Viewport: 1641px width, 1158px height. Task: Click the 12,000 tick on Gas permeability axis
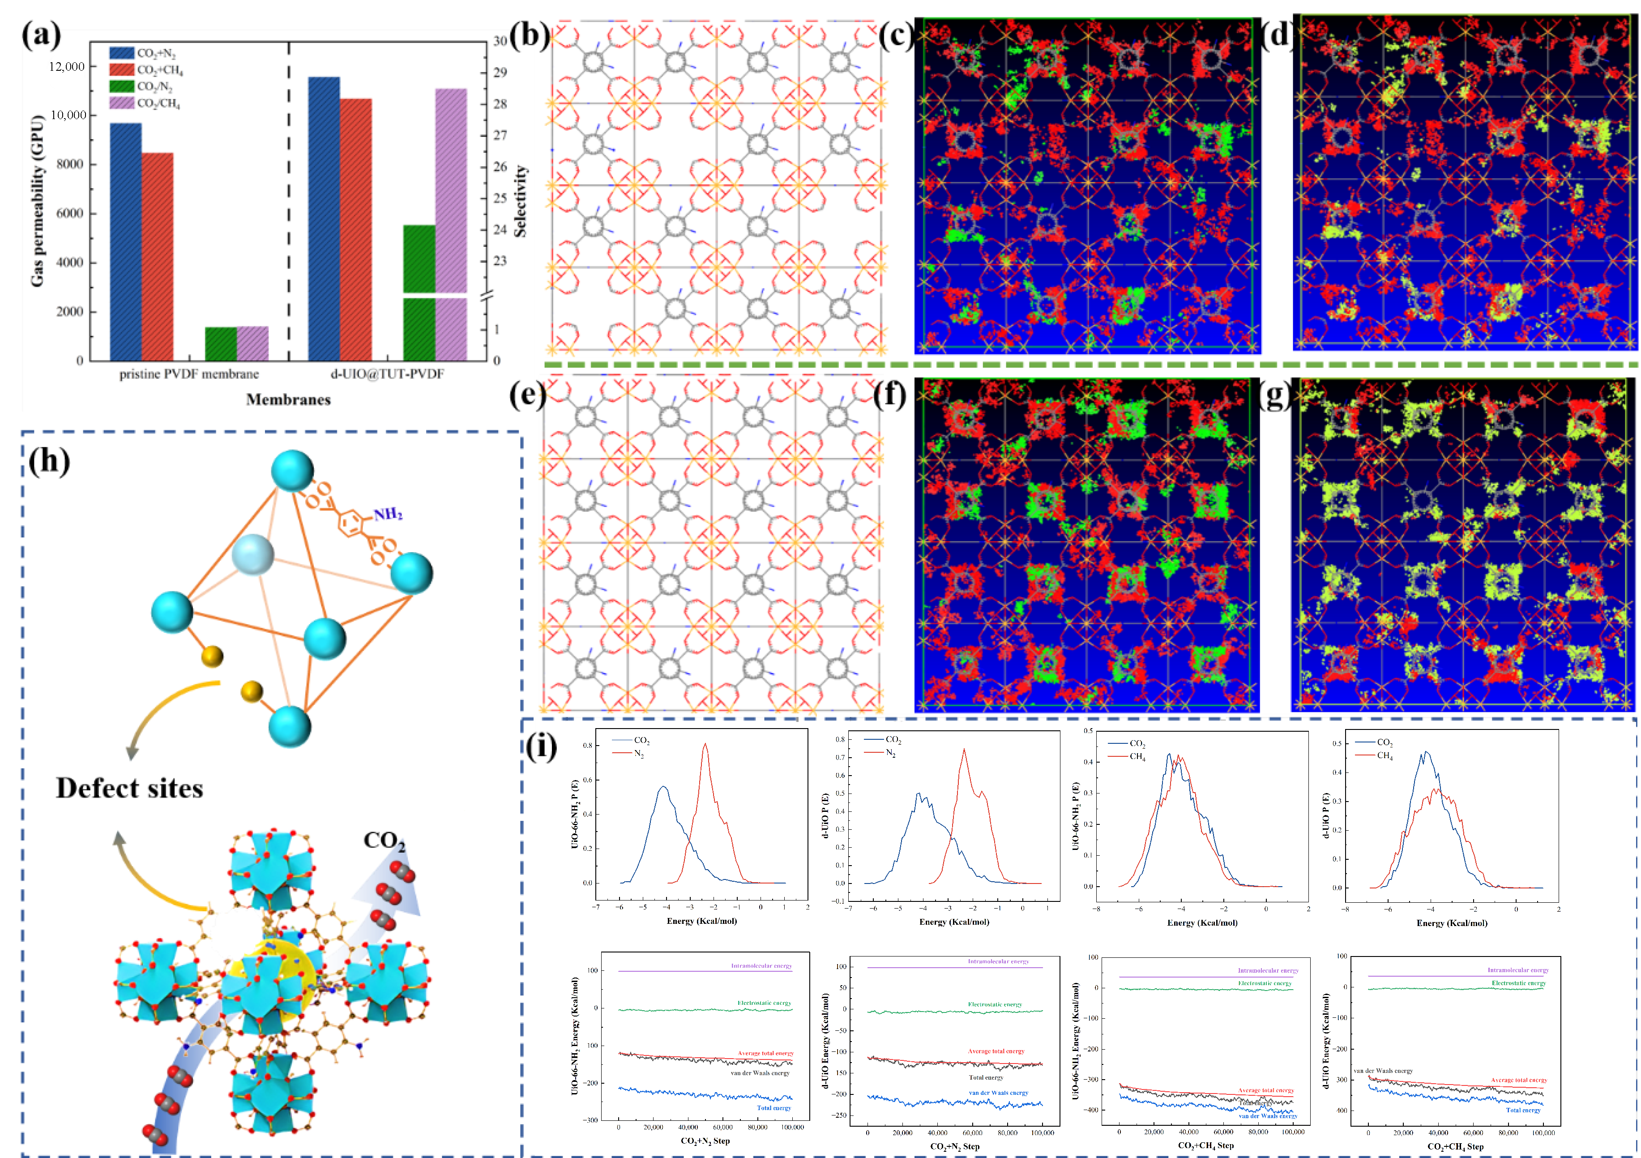tap(66, 66)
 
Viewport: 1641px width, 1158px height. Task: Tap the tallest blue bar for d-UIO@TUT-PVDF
tap(324, 214)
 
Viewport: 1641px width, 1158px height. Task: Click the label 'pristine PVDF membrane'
tap(189, 374)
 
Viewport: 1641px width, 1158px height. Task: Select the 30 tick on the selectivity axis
tap(500, 41)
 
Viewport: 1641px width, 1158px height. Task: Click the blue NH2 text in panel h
tap(387, 514)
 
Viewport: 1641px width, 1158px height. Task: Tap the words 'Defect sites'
tap(129, 788)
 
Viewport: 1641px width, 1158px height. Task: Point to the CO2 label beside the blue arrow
tap(384, 840)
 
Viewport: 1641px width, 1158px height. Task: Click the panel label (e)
tap(527, 395)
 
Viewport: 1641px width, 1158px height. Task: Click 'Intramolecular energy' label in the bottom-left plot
tap(761, 966)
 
